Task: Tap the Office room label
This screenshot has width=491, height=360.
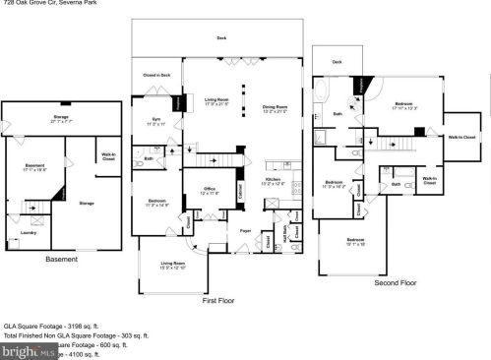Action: click(210, 189)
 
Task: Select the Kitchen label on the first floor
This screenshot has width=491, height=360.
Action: click(273, 181)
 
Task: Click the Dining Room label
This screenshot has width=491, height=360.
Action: click(275, 107)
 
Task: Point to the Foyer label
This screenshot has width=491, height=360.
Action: click(245, 231)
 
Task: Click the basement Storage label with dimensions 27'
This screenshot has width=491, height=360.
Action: click(61, 118)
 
